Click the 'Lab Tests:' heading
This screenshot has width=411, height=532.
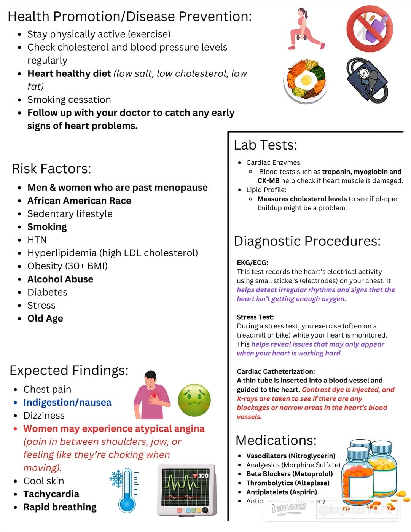pyautogui.click(x=265, y=145)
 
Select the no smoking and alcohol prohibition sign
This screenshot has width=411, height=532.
pyautogui.click(x=370, y=29)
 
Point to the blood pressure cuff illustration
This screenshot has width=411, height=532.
pyautogui.click(x=367, y=80)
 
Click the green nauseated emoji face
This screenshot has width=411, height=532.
pyautogui.click(x=194, y=400)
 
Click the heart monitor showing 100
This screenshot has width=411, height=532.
pyautogui.click(x=187, y=489)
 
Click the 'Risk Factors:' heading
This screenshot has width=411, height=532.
pyautogui.click(x=51, y=169)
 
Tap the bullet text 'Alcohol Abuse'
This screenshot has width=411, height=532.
pyautogui.click(x=60, y=279)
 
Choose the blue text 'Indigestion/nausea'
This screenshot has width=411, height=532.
pyautogui.click(x=67, y=402)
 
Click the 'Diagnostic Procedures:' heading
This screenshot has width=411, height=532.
pyautogui.click(x=307, y=241)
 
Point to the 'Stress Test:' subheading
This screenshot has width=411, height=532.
pyautogui.click(x=255, y=317)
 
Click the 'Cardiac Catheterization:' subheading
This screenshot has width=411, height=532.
pyautogui.click(x=276, y=371)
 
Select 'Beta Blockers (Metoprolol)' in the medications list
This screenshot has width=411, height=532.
pyautogui.click(x=289, y=474)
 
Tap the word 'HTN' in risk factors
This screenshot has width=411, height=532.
pyautogui.click(x=37, y=240)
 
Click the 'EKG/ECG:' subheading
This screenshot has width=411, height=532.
pyautogui.click(x=252, y=263)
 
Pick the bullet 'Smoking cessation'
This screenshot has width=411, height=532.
pyautogui.click(x=69, y=100)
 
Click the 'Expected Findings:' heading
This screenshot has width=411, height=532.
pyautogui.click(x=69, y=370)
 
